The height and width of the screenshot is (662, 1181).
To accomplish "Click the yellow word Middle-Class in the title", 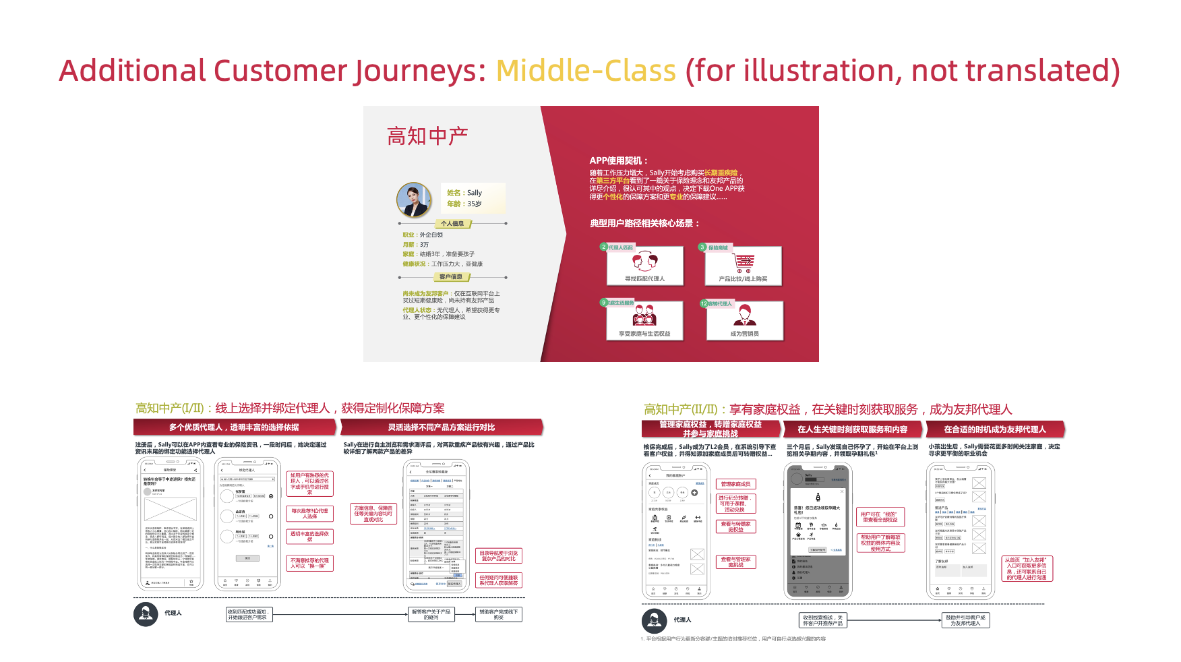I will (585, 71).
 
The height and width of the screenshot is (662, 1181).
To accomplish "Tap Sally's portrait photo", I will (414, 200).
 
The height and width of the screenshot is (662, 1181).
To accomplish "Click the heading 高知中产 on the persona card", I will (427, 136).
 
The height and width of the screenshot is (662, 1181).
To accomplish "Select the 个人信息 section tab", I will (452, 223).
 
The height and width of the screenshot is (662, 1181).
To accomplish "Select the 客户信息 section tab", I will (451, 277).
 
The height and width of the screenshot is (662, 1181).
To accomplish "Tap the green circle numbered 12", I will (704, 303).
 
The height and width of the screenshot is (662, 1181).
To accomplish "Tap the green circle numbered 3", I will (702, 247).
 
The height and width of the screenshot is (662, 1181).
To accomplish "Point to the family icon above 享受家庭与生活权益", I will (644, 315).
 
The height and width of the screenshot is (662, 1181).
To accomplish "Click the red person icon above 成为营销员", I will (744, 315).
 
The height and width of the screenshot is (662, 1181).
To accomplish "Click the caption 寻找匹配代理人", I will (644, 278).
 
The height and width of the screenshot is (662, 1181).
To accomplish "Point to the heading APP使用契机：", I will (618, 160).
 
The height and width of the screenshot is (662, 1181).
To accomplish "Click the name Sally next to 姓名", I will (475, 193).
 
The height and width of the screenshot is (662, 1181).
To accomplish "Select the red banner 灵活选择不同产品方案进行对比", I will (442, 427).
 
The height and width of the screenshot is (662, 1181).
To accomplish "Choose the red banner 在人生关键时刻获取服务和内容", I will (852, 429).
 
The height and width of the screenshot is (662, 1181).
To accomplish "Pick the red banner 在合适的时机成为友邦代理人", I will (995, 429).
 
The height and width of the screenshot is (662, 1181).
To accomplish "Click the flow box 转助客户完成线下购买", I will (499, 615).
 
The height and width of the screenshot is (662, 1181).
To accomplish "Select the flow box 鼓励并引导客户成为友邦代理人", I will (965, 620).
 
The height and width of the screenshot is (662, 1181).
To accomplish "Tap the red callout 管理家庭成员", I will (735, 484).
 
